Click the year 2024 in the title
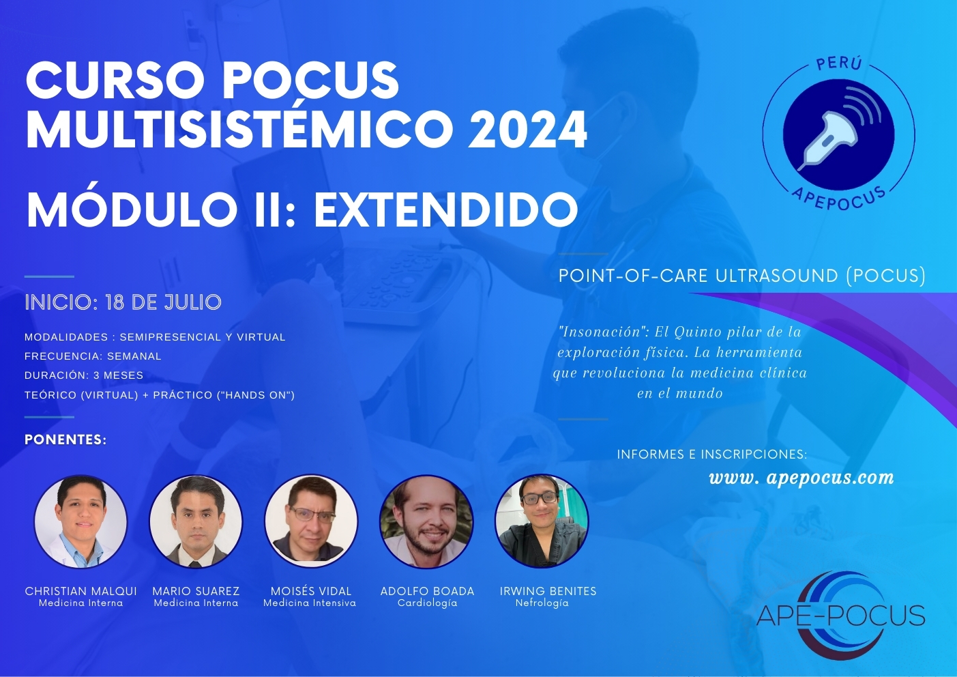point(528,130)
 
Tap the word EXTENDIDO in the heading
point(446,210)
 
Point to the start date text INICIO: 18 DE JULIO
point(123,302)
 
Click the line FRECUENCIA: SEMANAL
point(93,356)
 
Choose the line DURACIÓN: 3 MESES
point(84,375)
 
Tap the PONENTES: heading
point(65,440)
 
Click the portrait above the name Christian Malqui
point(80,522)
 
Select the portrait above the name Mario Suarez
point(196,522)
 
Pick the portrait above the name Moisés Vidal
point(311,522)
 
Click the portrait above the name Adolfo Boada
point(426,522)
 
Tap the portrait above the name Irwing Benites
point(542,522)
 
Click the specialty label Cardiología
point(428,603)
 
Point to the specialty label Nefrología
point(542,603)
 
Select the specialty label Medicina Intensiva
point(310,603)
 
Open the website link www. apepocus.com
point(801,478)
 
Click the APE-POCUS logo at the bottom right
point(841,616)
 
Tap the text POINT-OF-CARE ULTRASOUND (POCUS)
point(742,276)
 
